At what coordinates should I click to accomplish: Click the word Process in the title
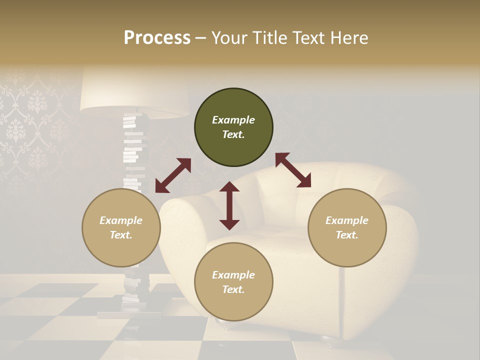157,38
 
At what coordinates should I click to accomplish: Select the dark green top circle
233,127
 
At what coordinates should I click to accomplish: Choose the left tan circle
121,227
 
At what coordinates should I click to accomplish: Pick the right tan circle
347,227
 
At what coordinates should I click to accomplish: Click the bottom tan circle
233,282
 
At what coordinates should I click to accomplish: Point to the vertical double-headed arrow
229,205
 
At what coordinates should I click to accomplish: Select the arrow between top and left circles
173,175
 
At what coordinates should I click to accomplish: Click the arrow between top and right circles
293,170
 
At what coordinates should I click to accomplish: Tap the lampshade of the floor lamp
134,92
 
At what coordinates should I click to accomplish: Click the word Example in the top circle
233,120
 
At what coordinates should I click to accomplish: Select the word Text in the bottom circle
232,290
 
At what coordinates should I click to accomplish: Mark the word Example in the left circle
121,220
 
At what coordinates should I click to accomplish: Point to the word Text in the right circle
346,235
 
